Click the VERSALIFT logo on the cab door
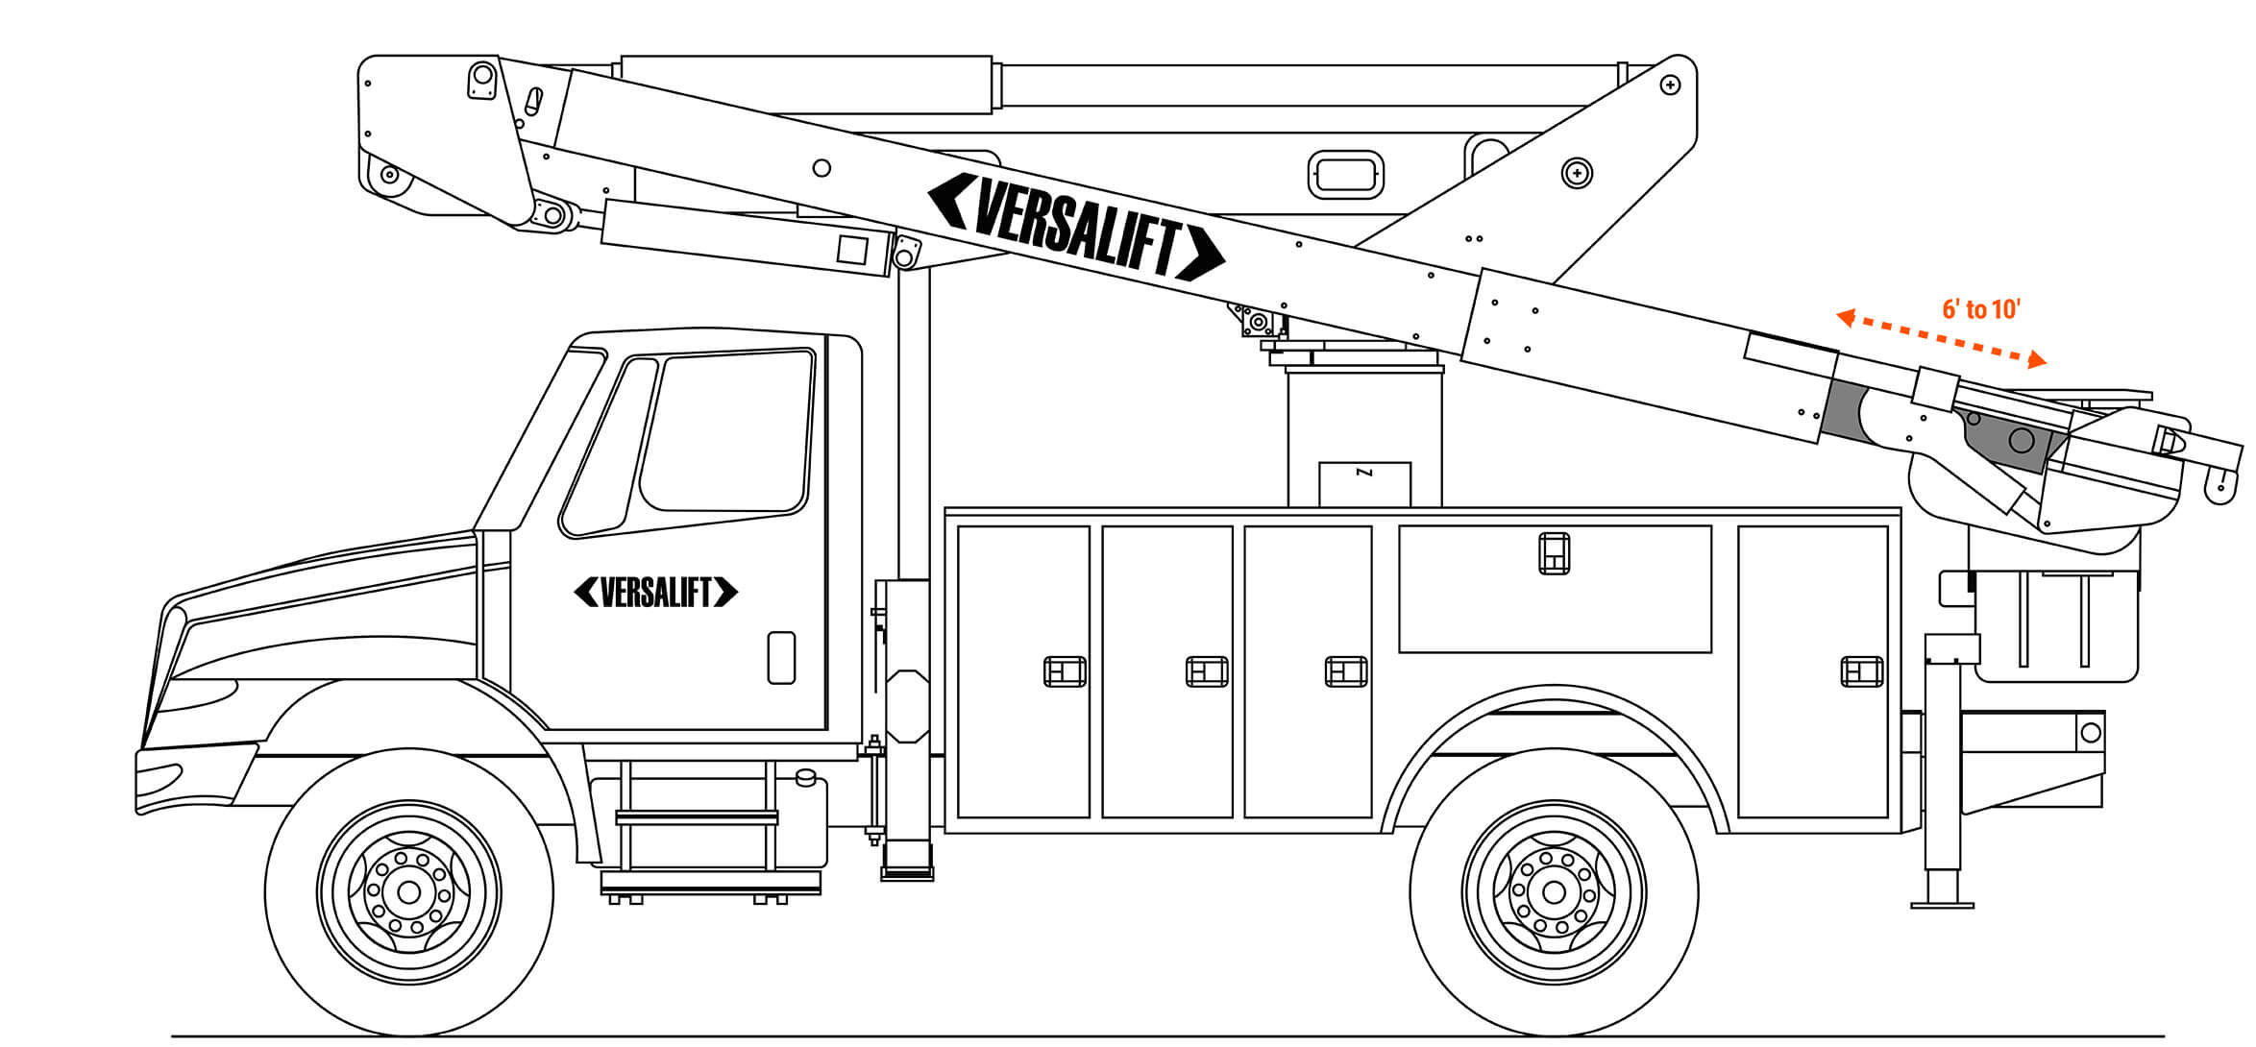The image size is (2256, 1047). coord(656,592)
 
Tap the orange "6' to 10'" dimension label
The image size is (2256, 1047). coord(1981,309)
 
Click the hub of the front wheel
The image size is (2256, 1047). coord(408,892)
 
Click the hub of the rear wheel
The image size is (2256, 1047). coord(1554,892)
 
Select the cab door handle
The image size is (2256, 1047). coord(781,657)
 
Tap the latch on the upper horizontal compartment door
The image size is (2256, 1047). coord(1554,553)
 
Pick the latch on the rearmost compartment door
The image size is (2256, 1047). coord(1861,671)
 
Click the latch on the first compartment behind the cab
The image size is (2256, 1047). coord(1065,671)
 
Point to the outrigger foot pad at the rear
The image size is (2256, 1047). coord(1942,903)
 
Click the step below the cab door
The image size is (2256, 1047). coord(697,818)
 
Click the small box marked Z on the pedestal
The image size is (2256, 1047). coord(1364,484)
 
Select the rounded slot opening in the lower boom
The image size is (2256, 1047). coord(1346,175)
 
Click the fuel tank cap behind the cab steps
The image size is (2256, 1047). coord(806,776)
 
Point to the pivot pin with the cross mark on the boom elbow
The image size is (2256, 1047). coord(1577,174)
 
